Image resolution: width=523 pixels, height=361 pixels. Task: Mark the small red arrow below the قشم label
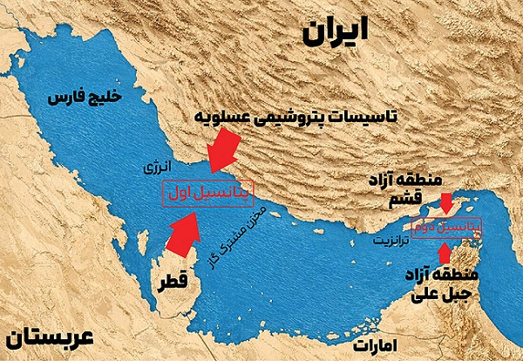(446, 204)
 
